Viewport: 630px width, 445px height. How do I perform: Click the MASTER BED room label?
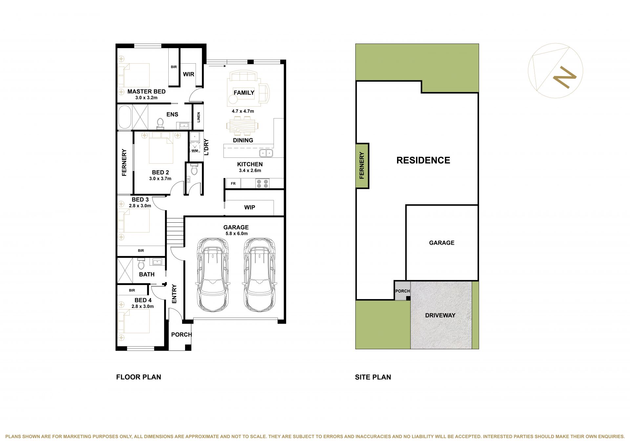tap(146, 91)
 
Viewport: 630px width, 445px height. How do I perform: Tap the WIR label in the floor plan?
tap(188, 74)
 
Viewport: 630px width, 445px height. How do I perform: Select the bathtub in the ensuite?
tap(124, 117)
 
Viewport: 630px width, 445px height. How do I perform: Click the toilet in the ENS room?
tap(160, 123)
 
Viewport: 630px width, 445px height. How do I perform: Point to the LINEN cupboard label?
tap(199, 117)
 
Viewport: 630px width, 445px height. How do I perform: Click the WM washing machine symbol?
tap(195, 151)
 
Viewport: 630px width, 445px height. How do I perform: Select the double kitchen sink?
tap(266, 153)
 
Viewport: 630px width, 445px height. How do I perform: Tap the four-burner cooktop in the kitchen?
tap(262, 184)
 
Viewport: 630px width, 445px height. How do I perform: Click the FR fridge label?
tap(233, 184)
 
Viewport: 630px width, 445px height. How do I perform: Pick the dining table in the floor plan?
tap(242, 126)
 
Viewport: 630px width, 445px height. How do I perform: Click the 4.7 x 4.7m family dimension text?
tap(243, 111)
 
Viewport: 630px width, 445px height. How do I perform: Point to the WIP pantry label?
tap(250, 207)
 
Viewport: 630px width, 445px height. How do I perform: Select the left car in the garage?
tap(213, 275)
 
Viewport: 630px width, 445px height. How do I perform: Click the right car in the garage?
tap(259, 275)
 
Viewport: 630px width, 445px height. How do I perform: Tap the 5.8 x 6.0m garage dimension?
tap(237, 233)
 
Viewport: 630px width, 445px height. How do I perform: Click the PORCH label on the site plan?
tap(402, 291)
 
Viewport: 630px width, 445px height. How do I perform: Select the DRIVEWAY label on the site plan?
tap(440, 315)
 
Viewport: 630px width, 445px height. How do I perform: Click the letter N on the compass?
tap(565, 77)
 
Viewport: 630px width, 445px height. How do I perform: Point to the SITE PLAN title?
tap(373, 377)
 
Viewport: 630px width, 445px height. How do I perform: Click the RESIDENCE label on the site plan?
tap(423, 160)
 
